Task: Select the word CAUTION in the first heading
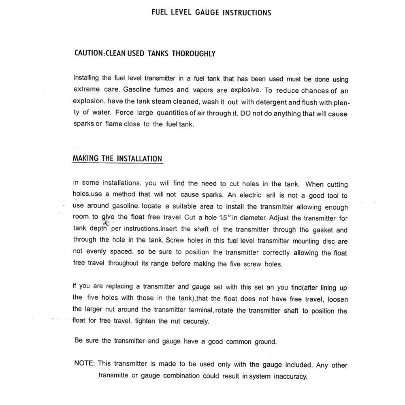89,53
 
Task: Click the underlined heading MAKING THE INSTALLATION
117,158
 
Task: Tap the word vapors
203,90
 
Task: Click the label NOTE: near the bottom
85,363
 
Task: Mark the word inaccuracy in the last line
290,376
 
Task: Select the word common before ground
239,341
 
